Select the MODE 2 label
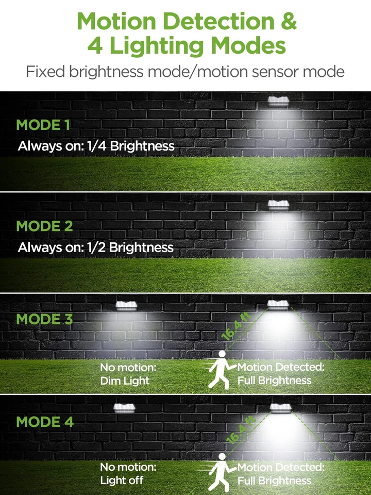44,226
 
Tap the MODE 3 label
44,319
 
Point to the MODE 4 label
44,421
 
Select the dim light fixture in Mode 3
128,306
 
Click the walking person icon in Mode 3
220,370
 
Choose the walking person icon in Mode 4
220,471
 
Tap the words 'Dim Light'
125,381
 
